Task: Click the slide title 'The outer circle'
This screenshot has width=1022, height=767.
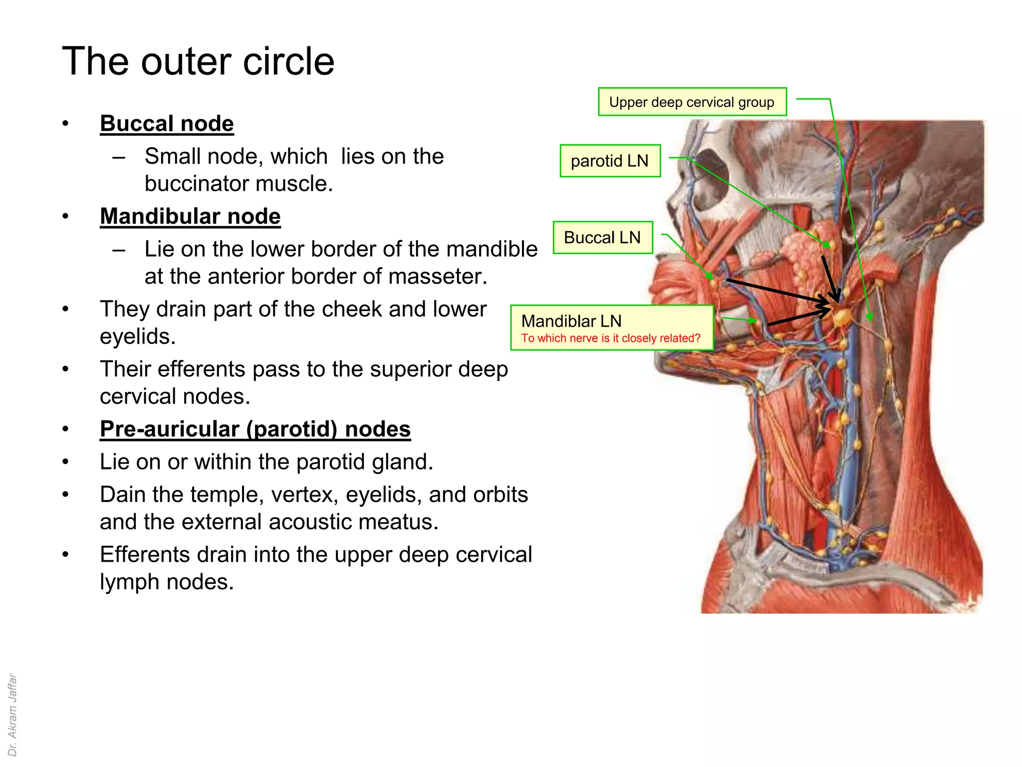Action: [x=198, y=61]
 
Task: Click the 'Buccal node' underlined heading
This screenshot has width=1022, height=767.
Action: [x=167, y=124]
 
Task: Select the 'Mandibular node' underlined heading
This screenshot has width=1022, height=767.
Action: [x=190, y=217]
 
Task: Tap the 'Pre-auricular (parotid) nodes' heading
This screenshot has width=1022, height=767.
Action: [x=255, y=429]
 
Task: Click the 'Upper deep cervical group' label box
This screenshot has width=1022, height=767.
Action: [x=692, y=102]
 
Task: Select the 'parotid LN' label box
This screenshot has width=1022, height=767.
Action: [x=610, y=161]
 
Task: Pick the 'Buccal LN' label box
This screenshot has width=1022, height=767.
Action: [x=602, y=238]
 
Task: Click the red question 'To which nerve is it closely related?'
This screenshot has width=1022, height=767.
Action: [x=611, y=339]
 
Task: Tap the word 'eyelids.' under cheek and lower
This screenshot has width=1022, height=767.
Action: [x=138, y=337]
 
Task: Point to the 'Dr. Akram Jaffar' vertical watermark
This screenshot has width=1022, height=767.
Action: [x=12, y=715]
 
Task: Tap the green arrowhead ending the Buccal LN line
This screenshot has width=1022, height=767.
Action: [x=710, y=276]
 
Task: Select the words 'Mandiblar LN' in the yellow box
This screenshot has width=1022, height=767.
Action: [x=571, y=321]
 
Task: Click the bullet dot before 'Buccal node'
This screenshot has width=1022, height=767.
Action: [x=65, y=124]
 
